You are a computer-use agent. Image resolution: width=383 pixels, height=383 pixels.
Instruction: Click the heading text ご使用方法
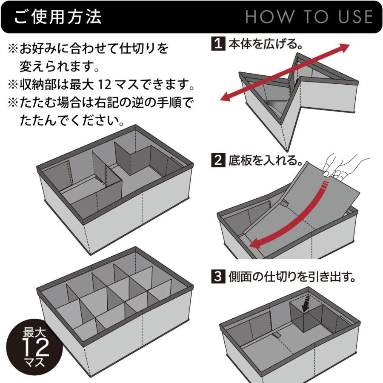point(58,17)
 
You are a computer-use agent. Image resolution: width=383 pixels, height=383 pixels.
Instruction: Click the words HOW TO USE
point(309,17)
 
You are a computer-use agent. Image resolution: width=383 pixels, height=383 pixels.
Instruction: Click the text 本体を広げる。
point(266,44)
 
